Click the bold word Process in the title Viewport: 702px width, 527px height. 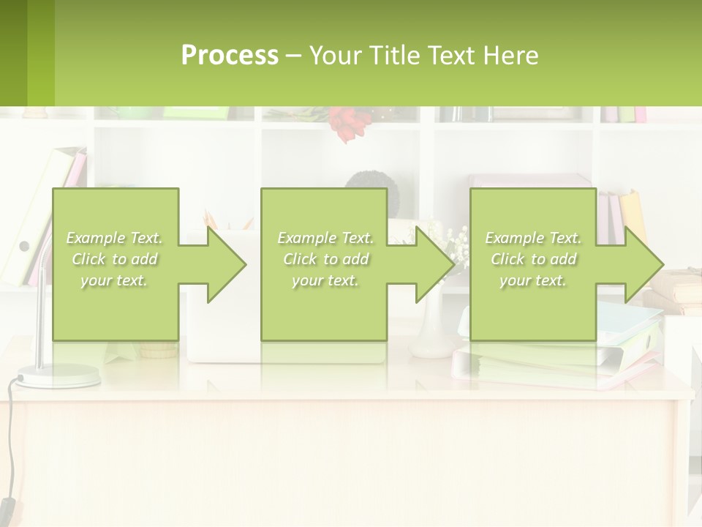pos(230,56)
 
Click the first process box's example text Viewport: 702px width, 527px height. pos(114,259)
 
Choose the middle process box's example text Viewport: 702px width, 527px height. pos(325,259)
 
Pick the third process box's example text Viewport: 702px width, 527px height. pos(533,259)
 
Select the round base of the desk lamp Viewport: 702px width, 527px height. pos(58,376)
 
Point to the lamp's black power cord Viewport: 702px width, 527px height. pos(9,439)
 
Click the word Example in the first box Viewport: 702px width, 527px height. pos(94,238)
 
